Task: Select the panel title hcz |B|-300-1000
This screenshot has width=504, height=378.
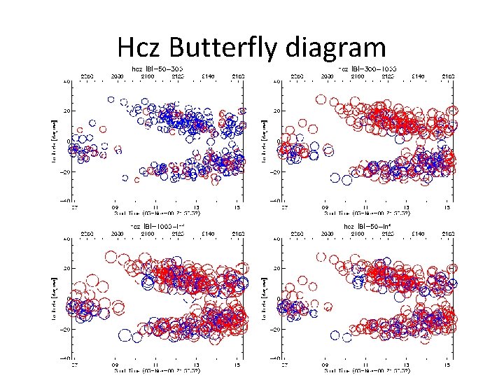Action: [x=367, y=68]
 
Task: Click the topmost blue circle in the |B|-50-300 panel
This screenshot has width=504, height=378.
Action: [x=111, y=100]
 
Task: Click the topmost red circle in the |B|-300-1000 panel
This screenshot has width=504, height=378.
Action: [x=321, y=99]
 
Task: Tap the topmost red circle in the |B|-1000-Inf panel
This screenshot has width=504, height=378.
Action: [x=111, y=255]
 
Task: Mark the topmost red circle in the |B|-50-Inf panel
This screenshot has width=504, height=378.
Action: [x=321, y=255]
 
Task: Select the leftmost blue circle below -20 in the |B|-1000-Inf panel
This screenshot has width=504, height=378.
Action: [x=125, y=335]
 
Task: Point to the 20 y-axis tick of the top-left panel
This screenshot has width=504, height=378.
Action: [x=66, y=111]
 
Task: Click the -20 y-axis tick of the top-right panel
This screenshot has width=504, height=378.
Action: [x=275, y=172]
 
